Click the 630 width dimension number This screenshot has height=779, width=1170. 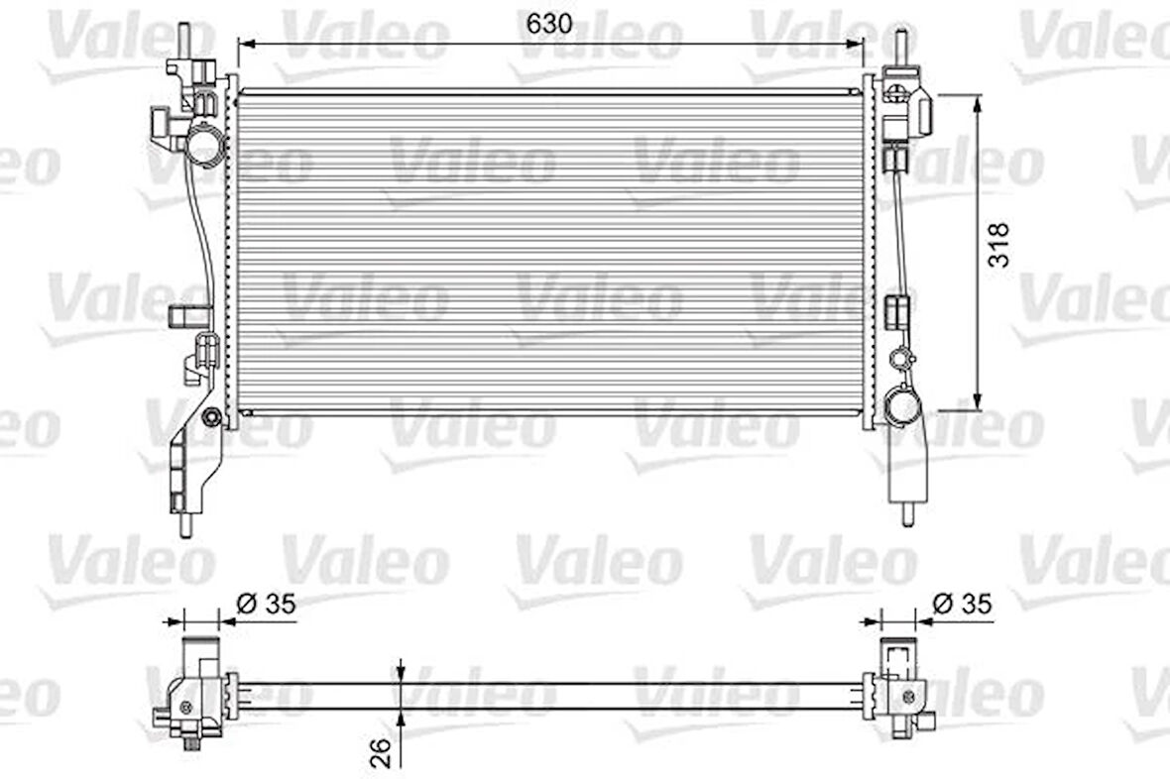pos(549,25)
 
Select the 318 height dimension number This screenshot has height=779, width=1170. pos(999,244)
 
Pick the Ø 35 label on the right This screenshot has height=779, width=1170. pos(961,604)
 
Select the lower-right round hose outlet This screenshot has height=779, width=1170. pos(903,406)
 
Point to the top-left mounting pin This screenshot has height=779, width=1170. pos(185,40)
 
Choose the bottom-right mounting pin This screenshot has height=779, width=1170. pos(908,514)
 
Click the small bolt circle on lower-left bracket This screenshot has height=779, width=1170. pos(210,417)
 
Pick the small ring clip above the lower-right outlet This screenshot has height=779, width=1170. pos(901,356)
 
